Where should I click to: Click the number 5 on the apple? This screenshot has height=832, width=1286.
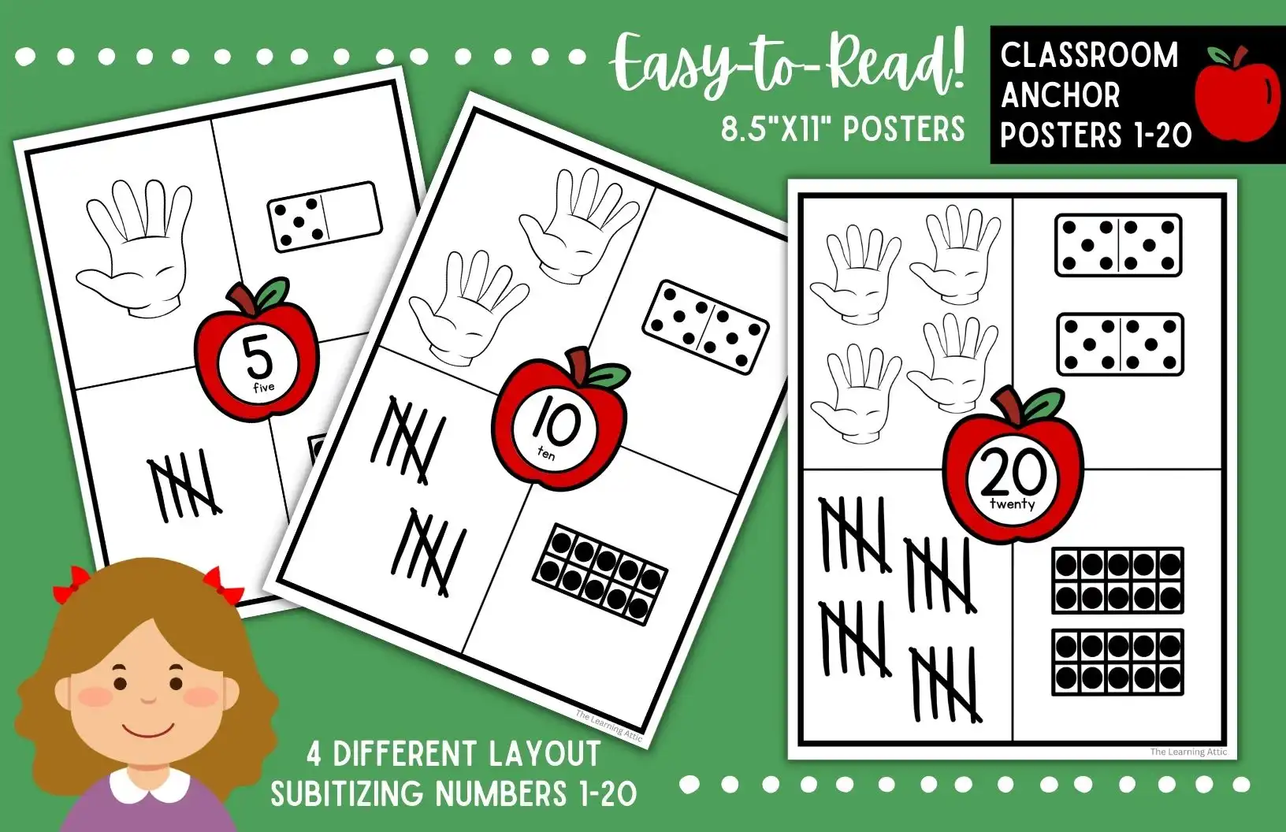pyautogui.click(x=259, y=357)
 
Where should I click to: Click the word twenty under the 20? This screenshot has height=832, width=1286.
pyautogui.click(x=1012, y=504)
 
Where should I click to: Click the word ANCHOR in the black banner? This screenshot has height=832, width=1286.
pyautogui.click(x=1061, y=95)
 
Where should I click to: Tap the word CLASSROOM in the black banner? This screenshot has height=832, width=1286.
pyautogui.click(x=1089, y=55)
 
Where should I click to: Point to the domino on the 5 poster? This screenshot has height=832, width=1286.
pyautogui.click(x=325, y=217)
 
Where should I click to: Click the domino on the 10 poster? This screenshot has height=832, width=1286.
pyautogui.click(x=705, y=327)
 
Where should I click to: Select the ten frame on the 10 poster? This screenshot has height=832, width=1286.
pyautogui.click(x=600, y=574)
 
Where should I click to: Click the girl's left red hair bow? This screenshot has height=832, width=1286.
pyautogui.click(x=72, y=584)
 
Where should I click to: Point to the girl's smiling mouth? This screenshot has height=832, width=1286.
pyautogui.click(x=147, y=731)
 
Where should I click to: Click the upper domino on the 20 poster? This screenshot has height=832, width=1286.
pyautogui.click(x=1118, y=245)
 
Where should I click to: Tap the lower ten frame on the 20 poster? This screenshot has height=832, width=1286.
pyautogui.click(x=1117, y=663)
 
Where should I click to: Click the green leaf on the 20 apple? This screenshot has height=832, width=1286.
pyautogui.click(x=1045, y=405)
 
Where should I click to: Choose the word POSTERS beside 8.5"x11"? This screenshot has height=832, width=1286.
pyautogui.click(x=905, y=128)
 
